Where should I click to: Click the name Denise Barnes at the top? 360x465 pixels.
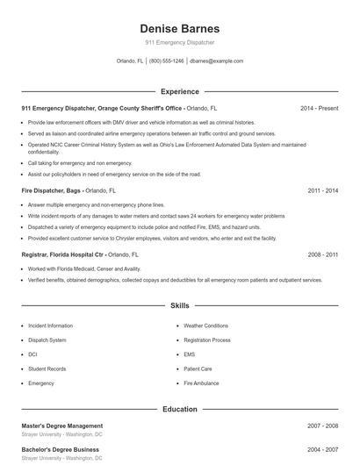(179, 28)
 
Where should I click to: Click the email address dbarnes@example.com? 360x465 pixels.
(216, 61)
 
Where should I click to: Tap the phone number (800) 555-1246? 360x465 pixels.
(167, 61)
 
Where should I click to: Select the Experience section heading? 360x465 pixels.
(179, 91)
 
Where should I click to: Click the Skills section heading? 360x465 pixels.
(179, 306)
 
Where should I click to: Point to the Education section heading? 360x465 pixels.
(179, 409)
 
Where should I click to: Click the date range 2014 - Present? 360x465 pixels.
(319, 108)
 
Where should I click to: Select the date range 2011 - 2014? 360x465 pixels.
(322, 190)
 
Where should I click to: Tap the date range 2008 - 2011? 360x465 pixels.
(322, 254)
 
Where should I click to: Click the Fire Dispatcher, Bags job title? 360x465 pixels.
(55, 190)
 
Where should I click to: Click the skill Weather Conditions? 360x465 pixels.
(205, 325)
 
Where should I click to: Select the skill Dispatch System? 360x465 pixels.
(47, 340)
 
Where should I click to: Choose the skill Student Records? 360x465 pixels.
(48, 369)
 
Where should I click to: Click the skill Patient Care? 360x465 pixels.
(198, 369)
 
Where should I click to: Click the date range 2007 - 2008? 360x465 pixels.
(322, 426)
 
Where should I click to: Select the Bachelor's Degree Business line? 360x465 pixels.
(61, 449)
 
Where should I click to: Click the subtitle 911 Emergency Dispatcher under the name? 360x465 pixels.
(179, 42)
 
